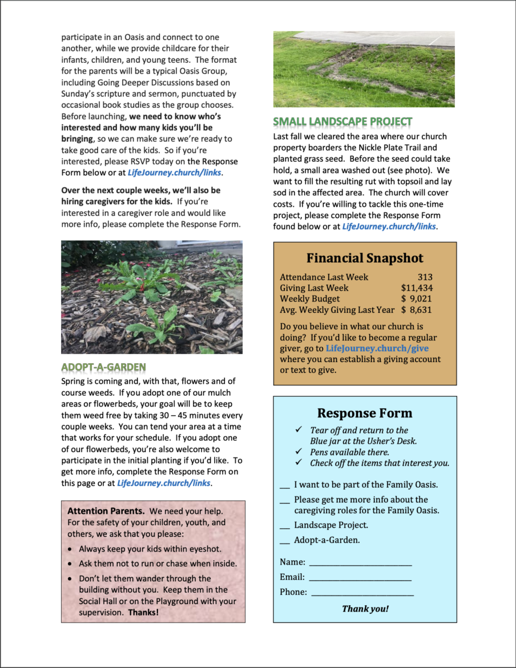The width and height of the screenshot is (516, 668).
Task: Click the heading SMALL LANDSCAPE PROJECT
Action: pyautogui.click(x=342, y=122)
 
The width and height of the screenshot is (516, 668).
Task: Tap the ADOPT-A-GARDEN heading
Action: pyautogui.click(x=103, y=367)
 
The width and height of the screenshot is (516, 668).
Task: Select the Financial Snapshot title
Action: pyautogui.click(x=365, y=258)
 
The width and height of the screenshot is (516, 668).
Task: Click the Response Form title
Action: pyautogui.click(x=365, y=413)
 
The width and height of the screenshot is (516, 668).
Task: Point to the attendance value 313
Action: pyautogui.click(x=425, y=277)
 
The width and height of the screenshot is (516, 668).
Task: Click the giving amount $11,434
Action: pyautogui.click(x=417, y=288)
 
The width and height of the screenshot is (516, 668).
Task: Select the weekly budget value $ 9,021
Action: pyautogui.click(x=417, y=299)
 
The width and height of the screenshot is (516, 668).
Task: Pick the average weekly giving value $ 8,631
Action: pyautogui.click(x=417, y=309)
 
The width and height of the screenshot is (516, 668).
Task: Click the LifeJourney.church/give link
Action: pyautogui.click(x=377, y=348)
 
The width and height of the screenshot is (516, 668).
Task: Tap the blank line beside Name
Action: pyautogui.click(x=360, y=563)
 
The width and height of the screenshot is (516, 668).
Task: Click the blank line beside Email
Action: pyautogui.click(x=360, y=578)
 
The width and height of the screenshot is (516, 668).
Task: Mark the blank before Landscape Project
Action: pyautogui.click(x=284, y=526)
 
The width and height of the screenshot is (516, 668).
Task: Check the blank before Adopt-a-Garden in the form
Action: pyautogui.click(x=284, y=541)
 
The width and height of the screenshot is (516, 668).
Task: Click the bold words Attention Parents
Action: pyautogui.click(x=106, y=510)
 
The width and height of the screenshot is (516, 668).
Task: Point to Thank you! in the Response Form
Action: pyautogui.click(x=365, y=609)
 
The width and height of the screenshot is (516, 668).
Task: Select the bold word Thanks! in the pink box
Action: pyautogui.click(x=143, y=613)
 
